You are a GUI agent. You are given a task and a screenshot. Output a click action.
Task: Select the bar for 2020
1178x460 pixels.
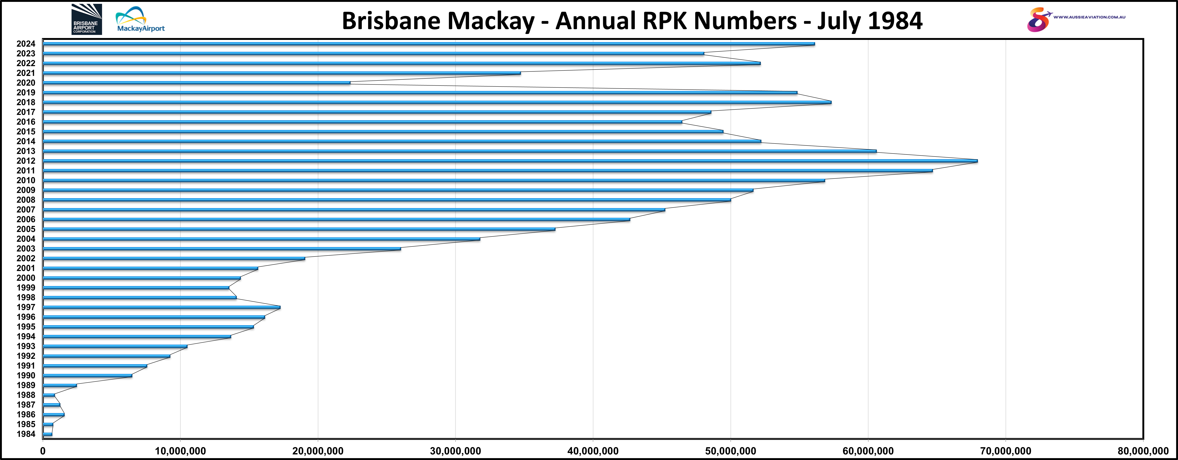pos(197,83)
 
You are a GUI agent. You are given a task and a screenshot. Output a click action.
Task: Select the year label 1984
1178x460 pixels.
pos(26,434)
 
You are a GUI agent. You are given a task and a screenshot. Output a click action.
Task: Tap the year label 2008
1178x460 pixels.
pos(26,200)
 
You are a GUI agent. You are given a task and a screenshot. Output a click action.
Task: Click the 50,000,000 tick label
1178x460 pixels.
pos(730,451)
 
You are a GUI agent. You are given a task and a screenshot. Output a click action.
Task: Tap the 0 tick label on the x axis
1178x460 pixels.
pos(43,451)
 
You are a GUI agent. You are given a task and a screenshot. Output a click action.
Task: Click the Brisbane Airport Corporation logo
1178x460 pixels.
pos(86,19)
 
